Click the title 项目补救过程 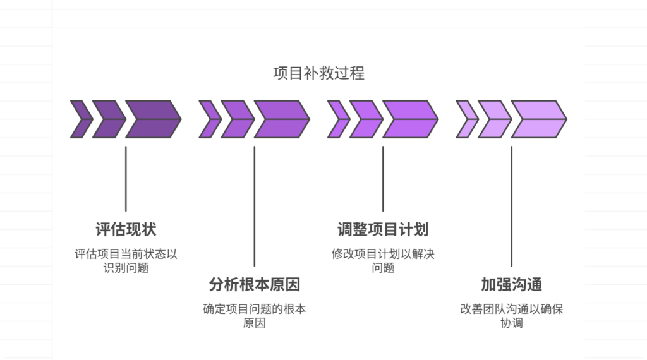point(318,73)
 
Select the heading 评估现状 point(126,229)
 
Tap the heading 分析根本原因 point(255,284)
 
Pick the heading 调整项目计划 point(383,229)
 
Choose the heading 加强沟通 point(511,284)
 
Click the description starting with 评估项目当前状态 point(126,261)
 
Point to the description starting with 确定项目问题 point(255,316)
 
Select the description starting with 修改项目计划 point(383,261)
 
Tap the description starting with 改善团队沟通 point(511,316)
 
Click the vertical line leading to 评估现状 point(126,179)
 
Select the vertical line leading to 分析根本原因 point(255,206)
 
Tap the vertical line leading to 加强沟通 point(511,206)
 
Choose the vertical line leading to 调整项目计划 point(383,179)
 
